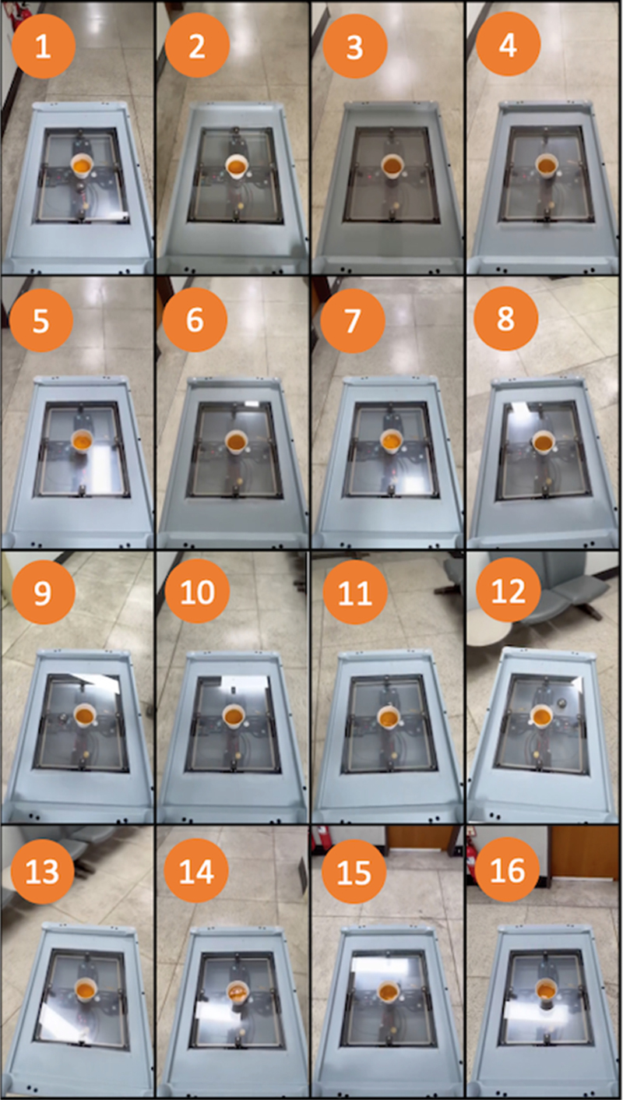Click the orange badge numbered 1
[x=43, y=46]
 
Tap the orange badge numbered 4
[x=508, y=44]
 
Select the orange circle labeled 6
[x=195, y=319]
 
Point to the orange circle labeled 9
[x=43, y=592]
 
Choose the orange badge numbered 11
[x=354, y=592]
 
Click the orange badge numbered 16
[x=508, y=869]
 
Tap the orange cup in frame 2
[x=237, y=168]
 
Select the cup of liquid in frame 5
[x=82, y=441]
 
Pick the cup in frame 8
[x=544, y=442]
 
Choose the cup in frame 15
[x=389, y=993]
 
